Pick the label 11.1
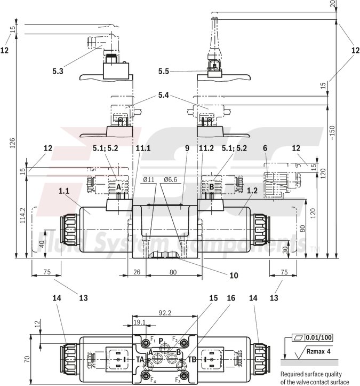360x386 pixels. click(143, 148)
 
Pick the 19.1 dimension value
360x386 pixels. click(139, 322)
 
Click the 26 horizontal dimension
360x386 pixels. click(136, 272)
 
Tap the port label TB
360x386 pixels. click(193, 359)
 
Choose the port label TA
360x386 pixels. click(140, 359)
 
